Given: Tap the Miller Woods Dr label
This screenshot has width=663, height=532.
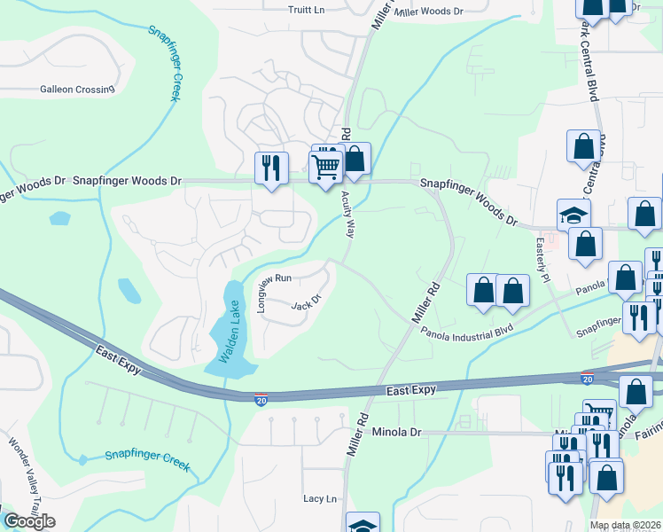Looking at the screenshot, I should click(x=429, y=12).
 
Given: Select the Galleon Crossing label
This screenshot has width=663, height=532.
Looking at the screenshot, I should click(x=77, y=90).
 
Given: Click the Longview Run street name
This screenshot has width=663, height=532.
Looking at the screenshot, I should click(x=262, y=291).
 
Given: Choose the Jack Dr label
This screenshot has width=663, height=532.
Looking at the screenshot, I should click(x=305, y=302).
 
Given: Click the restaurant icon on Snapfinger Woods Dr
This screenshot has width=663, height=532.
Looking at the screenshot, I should click(x=271, y=167).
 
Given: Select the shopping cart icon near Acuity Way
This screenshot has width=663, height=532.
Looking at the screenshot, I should click(x=325, y=166).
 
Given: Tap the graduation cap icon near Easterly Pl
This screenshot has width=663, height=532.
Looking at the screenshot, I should click(x=573, y=215).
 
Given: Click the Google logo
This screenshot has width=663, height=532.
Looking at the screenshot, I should click(x=29, y=520).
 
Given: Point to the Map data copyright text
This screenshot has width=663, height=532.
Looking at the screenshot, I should click(x=626, y=526).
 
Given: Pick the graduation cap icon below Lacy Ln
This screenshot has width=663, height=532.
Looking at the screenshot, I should click(x=363, y=525).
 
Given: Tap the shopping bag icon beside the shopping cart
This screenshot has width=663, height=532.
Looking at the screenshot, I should click(x=355, y=160).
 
